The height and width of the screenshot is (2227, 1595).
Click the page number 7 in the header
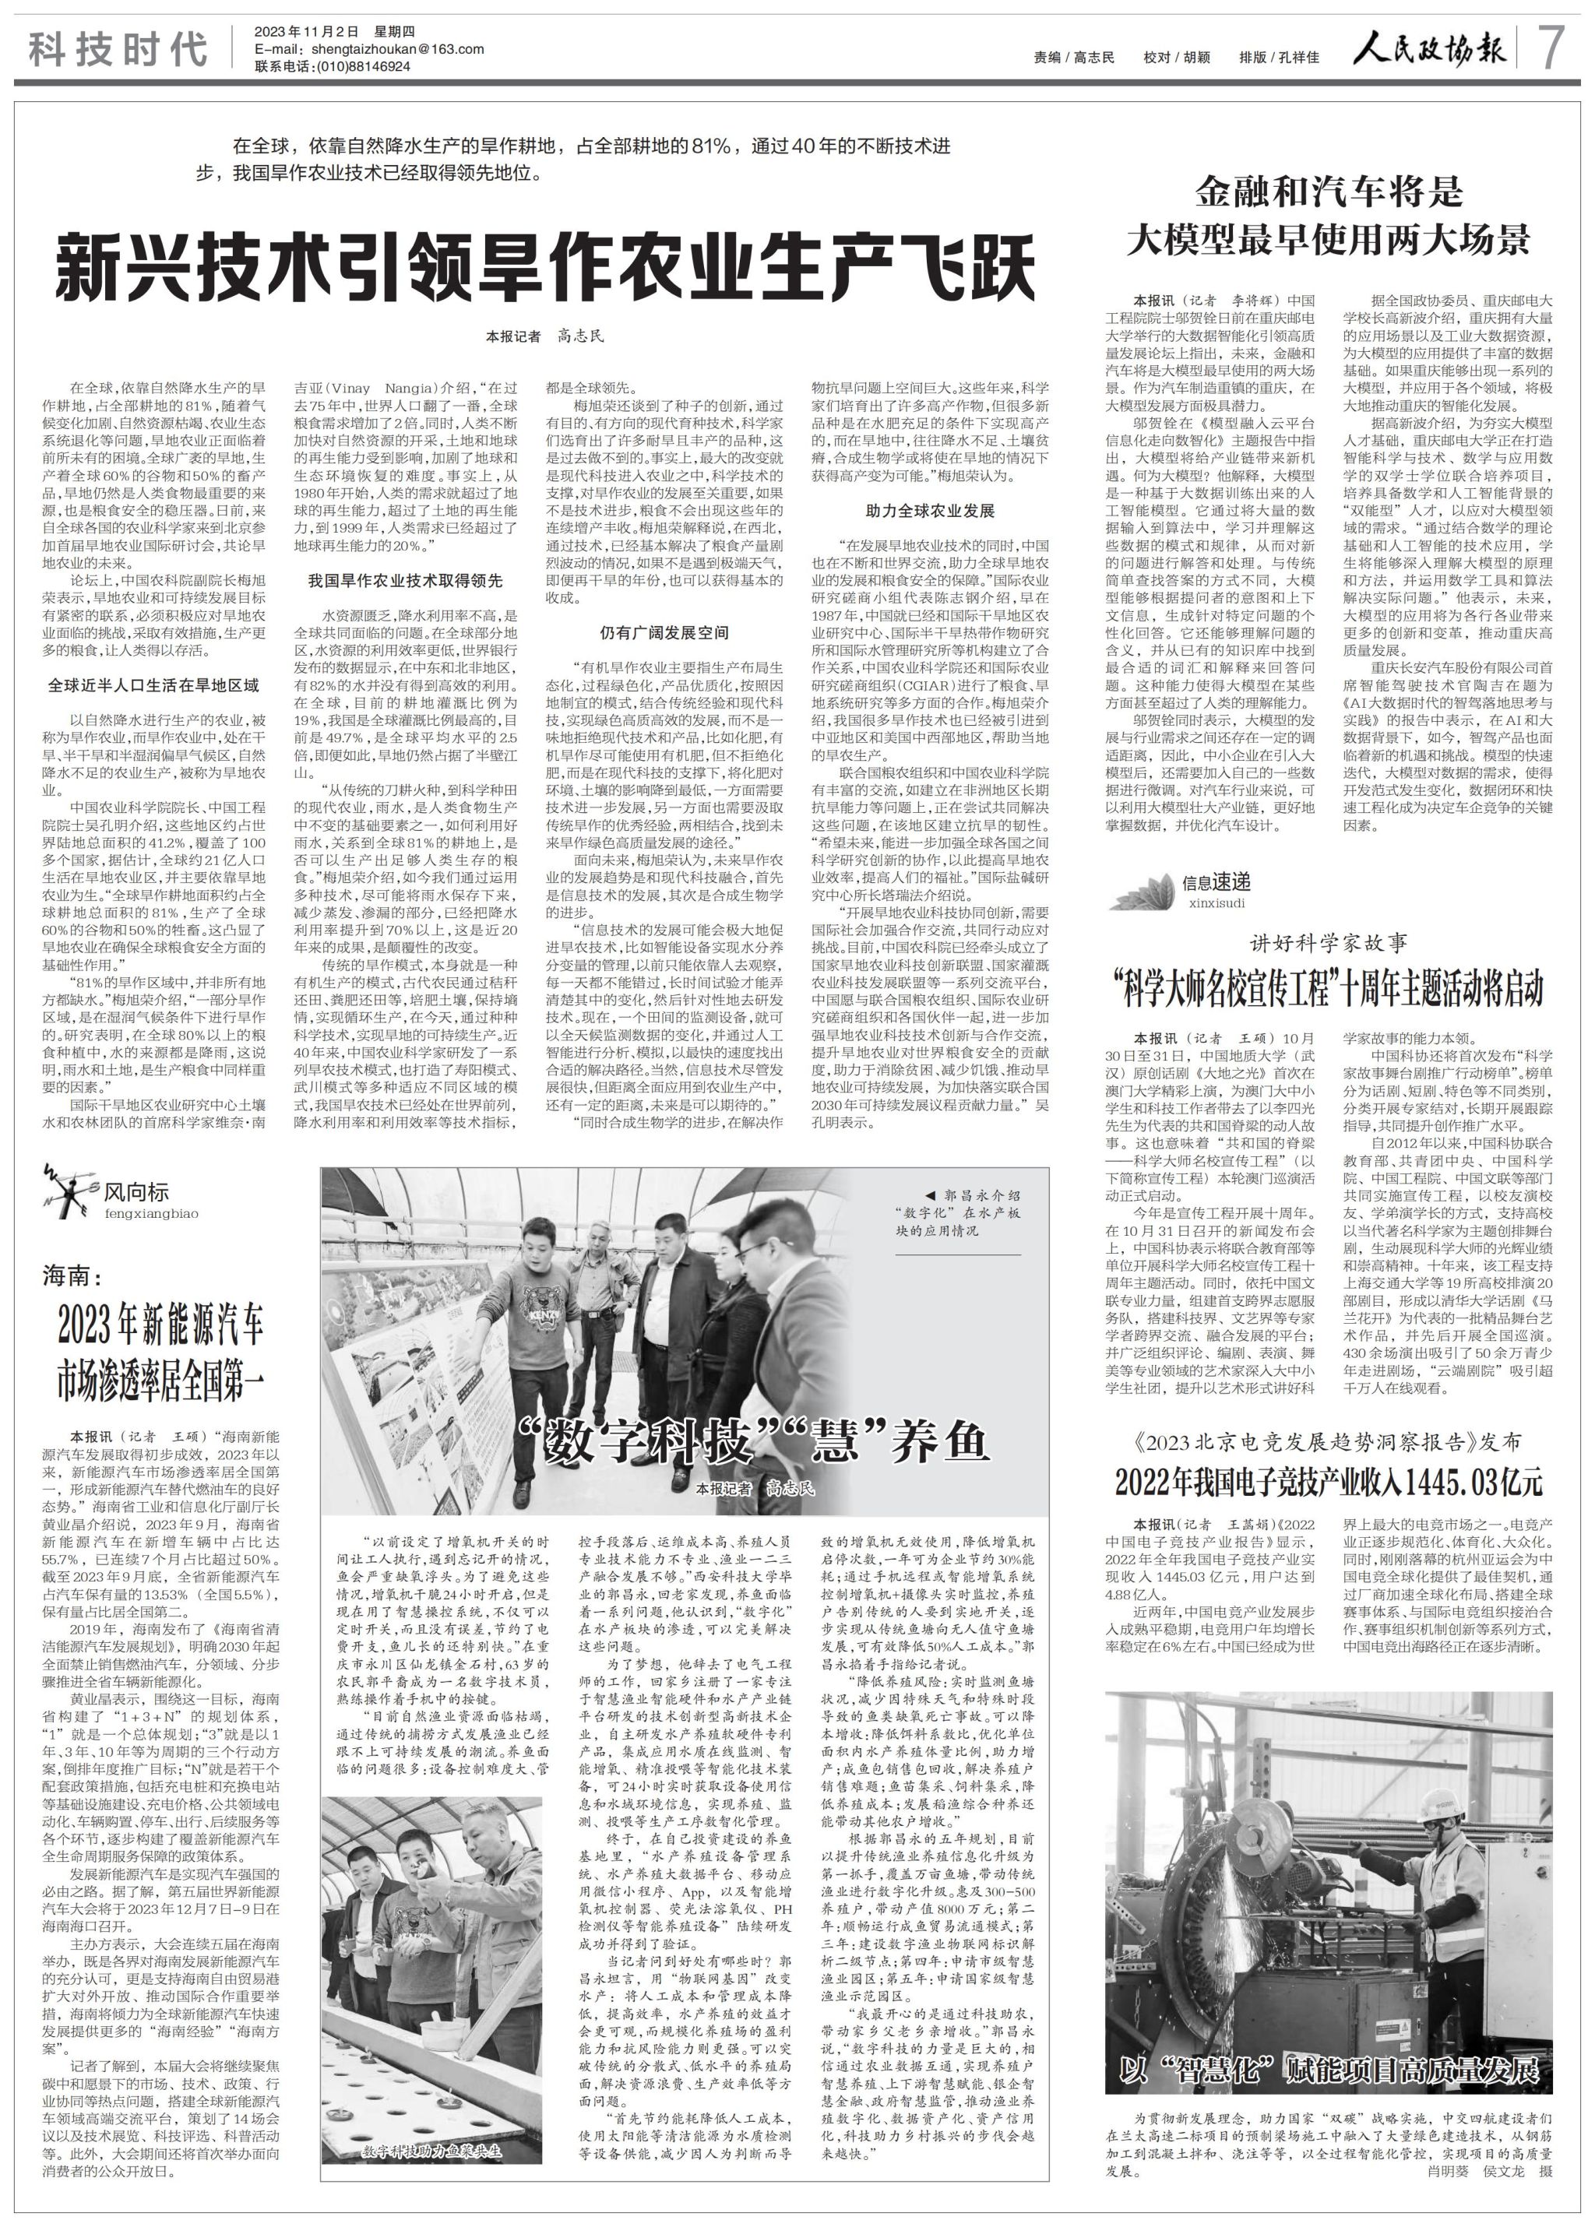coord(1555,48)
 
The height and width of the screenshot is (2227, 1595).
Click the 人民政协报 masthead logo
coord(1427,49)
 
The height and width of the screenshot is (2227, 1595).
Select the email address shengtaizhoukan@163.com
coord(396,49)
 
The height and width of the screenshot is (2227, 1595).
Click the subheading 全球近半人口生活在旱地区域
coord(153,684)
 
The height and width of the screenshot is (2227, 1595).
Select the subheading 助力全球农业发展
coord(929,511)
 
